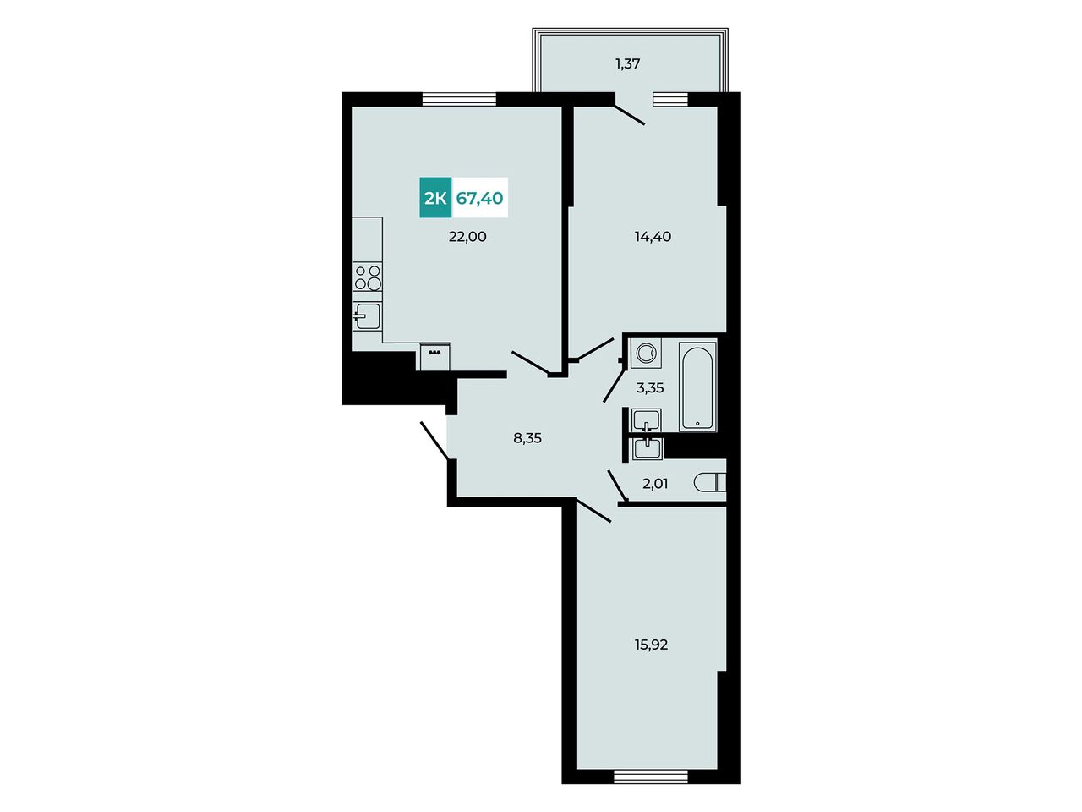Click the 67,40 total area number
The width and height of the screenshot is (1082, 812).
coord(479,198)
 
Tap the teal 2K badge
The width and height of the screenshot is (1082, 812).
coord(435,197)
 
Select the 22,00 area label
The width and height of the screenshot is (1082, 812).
coord(467,237)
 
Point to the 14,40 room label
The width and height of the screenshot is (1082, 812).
coord(653,237)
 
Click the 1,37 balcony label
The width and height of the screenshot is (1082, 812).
coord(627,63)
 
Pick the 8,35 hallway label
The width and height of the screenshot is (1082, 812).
coord(527,438)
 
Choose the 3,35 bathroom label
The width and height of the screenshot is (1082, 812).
coord(650,388)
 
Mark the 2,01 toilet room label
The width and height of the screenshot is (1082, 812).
coord(655,484)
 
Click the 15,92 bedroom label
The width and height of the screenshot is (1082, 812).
coord(652,645)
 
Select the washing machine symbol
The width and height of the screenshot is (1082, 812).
coord(646,353)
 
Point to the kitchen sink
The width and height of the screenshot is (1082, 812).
coord(367,316)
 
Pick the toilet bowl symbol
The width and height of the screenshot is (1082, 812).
coord(710,483)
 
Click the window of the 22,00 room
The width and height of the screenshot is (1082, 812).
coord(459,99)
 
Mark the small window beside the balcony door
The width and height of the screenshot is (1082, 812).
coord(669,99)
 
